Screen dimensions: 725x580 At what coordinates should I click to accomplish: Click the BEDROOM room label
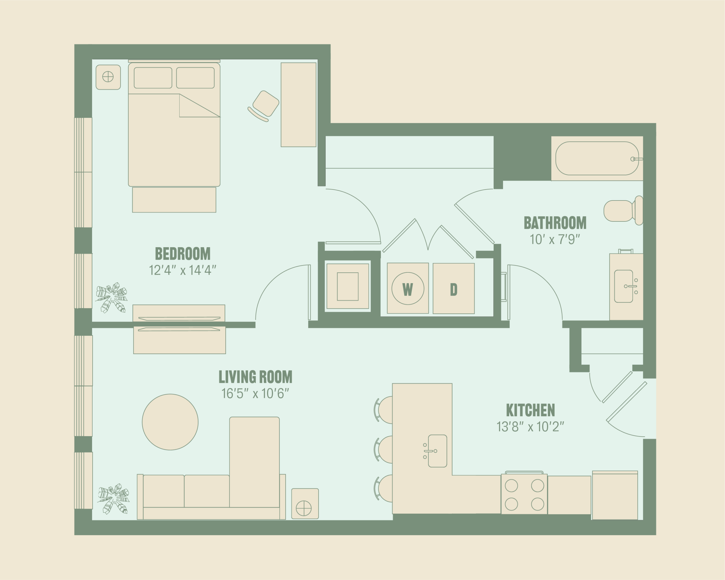click(x=183, y=254)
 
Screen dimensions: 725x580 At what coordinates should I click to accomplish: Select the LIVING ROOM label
click(x=255, y=377)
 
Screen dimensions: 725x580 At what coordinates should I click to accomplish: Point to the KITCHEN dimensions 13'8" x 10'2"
click(x=530, y=427)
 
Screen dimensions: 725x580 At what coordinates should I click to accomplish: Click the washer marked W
click(x=408, y=289)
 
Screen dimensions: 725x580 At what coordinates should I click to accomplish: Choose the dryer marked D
click(x=454, y=289)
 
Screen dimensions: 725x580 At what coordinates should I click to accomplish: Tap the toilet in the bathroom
click(x=623, y=211)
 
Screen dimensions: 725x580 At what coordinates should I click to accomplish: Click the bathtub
click(x=597, y=158)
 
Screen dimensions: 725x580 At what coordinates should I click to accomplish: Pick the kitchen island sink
click(x=437, y=451)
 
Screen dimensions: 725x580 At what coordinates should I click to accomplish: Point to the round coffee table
click(x=170, y=422)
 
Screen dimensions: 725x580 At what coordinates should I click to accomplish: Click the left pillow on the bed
click(x=153, y=78)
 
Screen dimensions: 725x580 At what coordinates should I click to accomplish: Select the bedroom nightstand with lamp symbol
click(x=108, y=77)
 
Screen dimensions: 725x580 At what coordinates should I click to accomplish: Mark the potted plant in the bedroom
click(x=112, y=297)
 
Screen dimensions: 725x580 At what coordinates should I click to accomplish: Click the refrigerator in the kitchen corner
click(x=615, y=495)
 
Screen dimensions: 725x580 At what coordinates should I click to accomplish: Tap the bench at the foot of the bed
click(x=174, y=200)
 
